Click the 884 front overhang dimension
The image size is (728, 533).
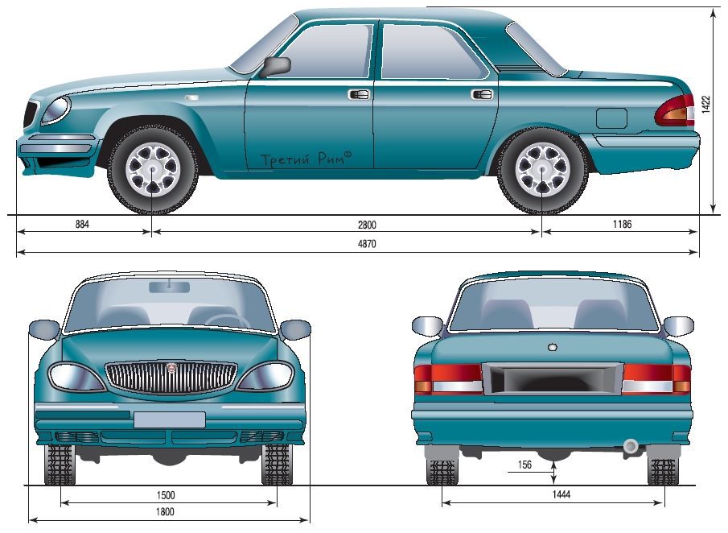(x=82, y=225)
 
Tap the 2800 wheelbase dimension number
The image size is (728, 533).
(x=367, y=225)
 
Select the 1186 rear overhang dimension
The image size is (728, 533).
(x=622, y=224)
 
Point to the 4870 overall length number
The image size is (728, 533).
(x=367, y=244)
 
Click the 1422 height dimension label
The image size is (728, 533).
(x=705, y=105)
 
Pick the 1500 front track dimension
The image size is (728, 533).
(x=166, y=495)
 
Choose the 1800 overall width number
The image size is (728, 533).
(x=165, y=511)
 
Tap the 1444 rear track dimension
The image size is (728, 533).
(x=561, y=494)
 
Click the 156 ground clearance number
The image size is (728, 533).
(x=524, y=465)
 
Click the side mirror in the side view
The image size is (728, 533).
(x=275, y=67)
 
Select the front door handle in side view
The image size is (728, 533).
(x=359, y=94)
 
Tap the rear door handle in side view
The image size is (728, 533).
(x=482, y=94)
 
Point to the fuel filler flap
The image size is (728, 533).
(x=611, y=118)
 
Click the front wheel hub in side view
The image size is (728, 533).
(x=153, y=169)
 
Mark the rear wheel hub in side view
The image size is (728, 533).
(x=542, y=169)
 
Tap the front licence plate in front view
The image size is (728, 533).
(x=170, y=419)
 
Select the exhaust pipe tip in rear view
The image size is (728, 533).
(x=631, y=446)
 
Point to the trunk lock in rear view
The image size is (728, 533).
(x=553, y=347)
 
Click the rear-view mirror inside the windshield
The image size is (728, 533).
(x=170, y=287)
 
